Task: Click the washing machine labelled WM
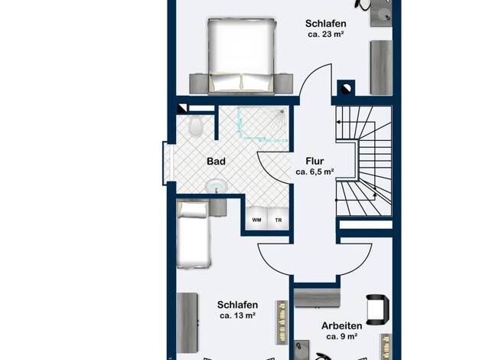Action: click(x=256, y=218)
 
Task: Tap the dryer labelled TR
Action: click(x=278, y=218)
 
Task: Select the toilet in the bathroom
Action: click(x=196, y=127)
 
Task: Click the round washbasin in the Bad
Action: click(x=217, y=186)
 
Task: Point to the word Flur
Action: click(x=314, y=161)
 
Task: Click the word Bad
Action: click(x=216, y=161)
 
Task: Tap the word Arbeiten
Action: click(x=342, y=326)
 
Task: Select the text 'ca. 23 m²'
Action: click(x=326, y=34)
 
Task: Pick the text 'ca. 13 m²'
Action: click(x=238, y=316)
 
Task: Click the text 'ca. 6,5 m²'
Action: click(x=314, y=172)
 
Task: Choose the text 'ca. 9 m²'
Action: click(x=342, y=336)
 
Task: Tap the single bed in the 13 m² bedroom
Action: click(x=194, y=234)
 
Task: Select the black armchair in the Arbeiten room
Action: click(x=377, y=309)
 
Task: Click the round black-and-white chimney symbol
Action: click(x=346, y=89)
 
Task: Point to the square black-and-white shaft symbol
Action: click(x=183, y=109)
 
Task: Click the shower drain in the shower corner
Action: click(x=282, y=112)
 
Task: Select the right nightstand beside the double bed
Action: click(x=285, y=83)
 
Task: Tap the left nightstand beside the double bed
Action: click(x=199, y=83)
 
